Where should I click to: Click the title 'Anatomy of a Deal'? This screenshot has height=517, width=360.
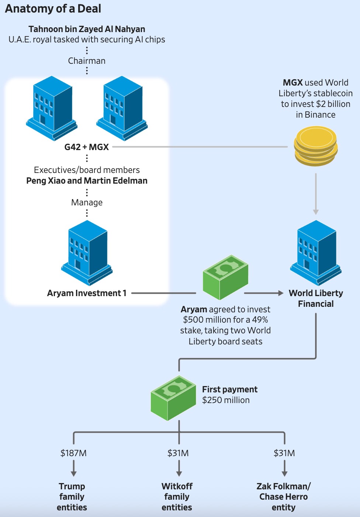pos(53,9)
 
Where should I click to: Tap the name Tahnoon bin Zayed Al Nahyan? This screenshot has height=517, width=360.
pos(87,29)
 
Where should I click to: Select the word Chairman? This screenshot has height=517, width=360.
pos(87,61)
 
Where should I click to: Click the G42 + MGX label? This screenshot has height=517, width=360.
pos(87,147)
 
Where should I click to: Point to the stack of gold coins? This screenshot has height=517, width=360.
pos(316,146)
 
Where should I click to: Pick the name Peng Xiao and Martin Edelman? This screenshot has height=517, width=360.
pos(87,181)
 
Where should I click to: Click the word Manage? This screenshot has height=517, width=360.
pos(87,202)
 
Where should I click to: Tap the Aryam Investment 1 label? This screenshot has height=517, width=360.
pos(87,293)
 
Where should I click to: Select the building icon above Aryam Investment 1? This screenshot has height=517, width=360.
pos(87,253)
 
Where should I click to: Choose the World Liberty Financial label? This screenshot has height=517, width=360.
pos(316,298)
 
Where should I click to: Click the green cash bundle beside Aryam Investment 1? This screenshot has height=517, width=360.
pos(225,277)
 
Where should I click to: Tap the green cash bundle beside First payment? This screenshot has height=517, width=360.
pos(173,398)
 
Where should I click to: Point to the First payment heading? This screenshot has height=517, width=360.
pos(229,389)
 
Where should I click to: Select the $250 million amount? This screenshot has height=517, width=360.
pos(226,400)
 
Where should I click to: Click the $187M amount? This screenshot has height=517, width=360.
pos(73,453)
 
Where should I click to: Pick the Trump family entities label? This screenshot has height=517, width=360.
pos(72,497)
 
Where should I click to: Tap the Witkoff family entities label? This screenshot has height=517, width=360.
pos(177,497)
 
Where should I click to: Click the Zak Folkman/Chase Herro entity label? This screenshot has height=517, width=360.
pos(284,497)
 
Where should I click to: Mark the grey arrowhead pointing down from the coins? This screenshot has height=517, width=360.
pos(316,212)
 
